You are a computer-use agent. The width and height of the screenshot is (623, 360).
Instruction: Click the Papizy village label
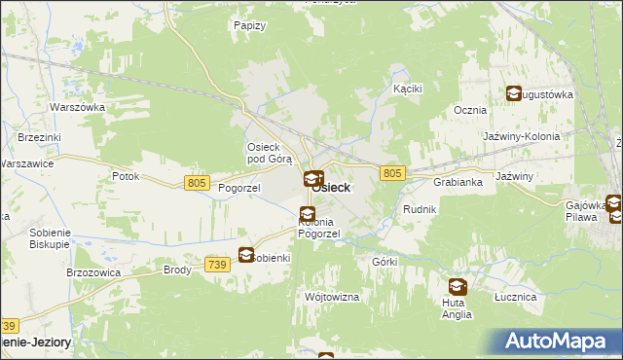250,25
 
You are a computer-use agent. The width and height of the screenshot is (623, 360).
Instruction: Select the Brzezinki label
38,138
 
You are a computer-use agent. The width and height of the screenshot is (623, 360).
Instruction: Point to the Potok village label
126,176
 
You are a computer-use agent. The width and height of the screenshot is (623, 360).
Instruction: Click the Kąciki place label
406,88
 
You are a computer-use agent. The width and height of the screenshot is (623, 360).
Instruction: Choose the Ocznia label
469,110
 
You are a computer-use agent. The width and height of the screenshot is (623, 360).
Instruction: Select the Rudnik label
419,209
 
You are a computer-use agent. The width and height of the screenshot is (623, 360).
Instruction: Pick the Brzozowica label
92,273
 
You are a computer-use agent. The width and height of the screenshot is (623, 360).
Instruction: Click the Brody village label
177,270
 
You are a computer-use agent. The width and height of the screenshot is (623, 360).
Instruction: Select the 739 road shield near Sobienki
217,264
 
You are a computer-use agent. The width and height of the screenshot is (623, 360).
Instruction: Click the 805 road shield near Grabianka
392,172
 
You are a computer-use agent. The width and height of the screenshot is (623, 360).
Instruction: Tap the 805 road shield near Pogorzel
197,183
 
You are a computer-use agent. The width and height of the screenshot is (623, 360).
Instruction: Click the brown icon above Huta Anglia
457,287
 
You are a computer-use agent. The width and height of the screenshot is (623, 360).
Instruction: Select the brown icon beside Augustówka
513,93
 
